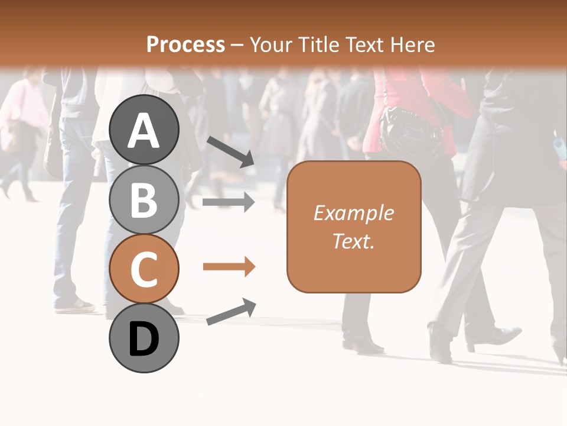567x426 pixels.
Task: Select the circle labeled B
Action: click(144, 200)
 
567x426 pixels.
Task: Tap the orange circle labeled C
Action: click(144, 269)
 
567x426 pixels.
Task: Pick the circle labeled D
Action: click(144, 338)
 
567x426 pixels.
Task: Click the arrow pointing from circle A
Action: click(230, 151)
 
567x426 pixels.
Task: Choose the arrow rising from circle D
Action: click(231, 312)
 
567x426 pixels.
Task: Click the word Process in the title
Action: click(185, 44)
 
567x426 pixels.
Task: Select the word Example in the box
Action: click(354, 213)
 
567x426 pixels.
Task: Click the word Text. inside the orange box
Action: click(354, 241)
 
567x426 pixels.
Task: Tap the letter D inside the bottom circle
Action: click(144, 340)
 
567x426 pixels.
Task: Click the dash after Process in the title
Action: click(237, 45)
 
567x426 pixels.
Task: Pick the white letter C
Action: click(144, 270)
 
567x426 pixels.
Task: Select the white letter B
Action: click(144, 201)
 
